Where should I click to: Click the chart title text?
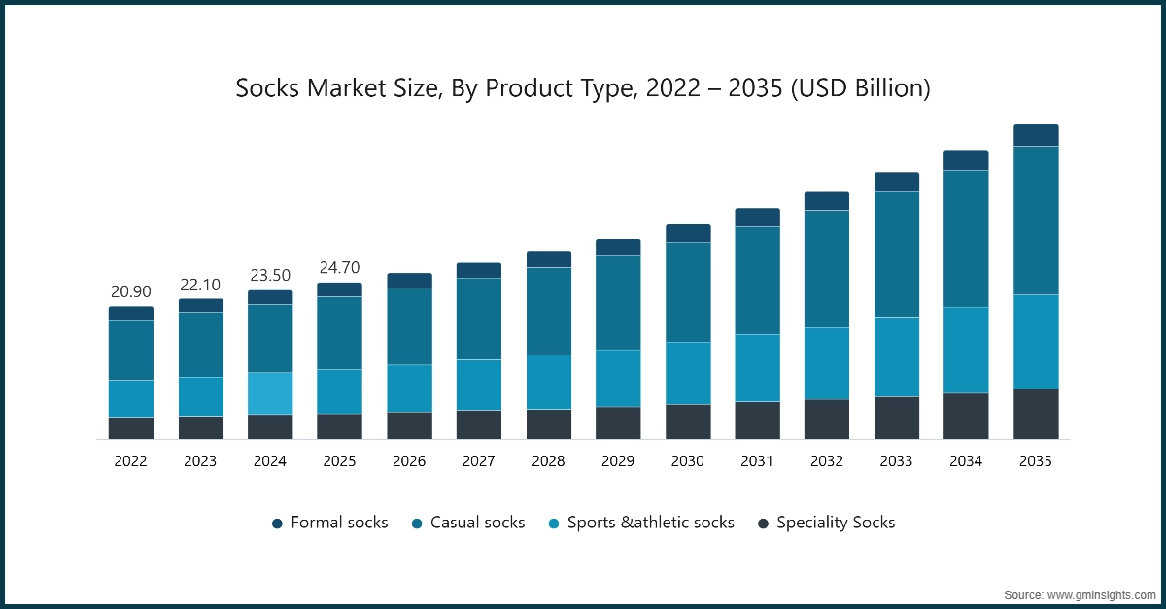point(583,88)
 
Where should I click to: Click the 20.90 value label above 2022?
point(130,291)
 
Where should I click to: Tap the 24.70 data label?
point(339,267)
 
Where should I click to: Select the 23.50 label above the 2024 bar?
point(269,275)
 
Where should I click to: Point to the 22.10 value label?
point(200,284)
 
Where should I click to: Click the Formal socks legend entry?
point(329,523)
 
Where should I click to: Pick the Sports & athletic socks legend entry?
point(640,523)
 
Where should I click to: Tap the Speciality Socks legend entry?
point(826,523)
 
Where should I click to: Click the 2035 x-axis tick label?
point(1036,461)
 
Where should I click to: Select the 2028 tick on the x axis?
point(548,461)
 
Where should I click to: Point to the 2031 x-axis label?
point(757,461)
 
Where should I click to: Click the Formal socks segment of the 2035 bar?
point(1036,135)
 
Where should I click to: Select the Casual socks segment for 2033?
point(897,254)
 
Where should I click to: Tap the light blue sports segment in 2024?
point(270,392)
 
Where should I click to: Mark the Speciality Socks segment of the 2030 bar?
point(688,422)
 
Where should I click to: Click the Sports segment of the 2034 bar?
point(966,350)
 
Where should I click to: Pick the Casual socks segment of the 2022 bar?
point(130,350)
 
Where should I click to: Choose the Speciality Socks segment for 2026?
point(409,425)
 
